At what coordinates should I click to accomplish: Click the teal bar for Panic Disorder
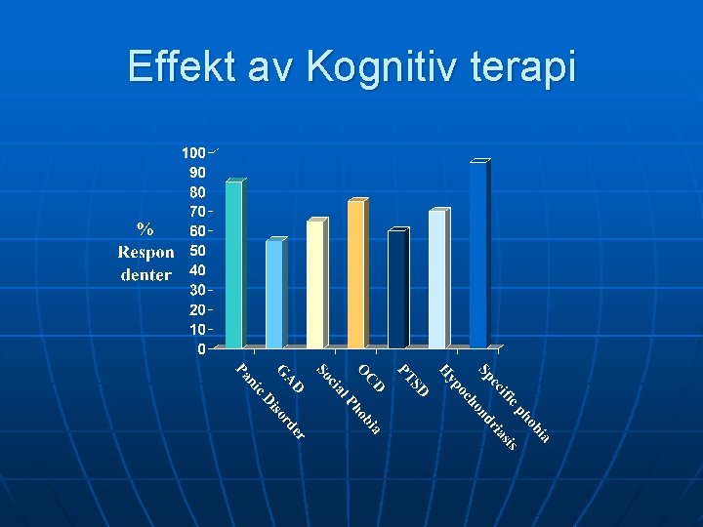coord(233,263)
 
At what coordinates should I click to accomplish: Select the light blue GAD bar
coord(274,294)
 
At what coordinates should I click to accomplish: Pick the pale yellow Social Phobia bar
coord(315,283)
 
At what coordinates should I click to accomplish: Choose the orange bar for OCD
coord(355,274)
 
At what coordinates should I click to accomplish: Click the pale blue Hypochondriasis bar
coord(436,279)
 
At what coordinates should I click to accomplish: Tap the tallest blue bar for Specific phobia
coord(477,255)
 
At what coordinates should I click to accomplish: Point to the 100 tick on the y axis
coord(192,153)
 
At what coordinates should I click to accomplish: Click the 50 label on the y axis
coord(197,251)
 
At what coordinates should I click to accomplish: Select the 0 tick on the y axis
coord(201,348)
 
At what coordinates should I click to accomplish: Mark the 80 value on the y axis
coord(197,192)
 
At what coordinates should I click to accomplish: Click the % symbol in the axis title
coord(145,229)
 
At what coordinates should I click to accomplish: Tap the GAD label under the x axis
coord(291,379)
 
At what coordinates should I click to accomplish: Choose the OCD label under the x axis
coord(371,378)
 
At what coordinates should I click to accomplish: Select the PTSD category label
coord(414,381)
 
